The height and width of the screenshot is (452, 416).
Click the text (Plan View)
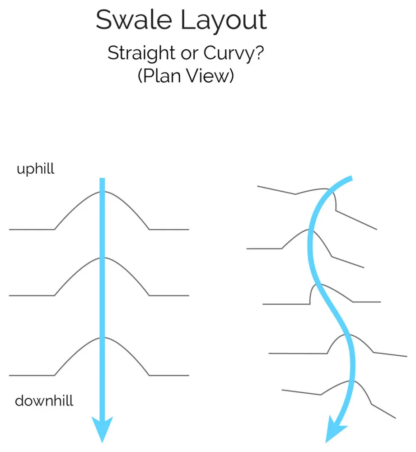click(x=186, y=75)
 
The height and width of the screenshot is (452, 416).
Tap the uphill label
click(x=35, y=169)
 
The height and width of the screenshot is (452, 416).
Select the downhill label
click(x=44, y=400)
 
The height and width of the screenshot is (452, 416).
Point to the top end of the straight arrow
click(x=102, y=180)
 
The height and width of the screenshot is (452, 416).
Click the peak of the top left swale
click(x=102, y=192)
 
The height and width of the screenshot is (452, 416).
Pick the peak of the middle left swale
click(x=102, y=258)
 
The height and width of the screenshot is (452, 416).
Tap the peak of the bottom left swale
click(x=102, y=338)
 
